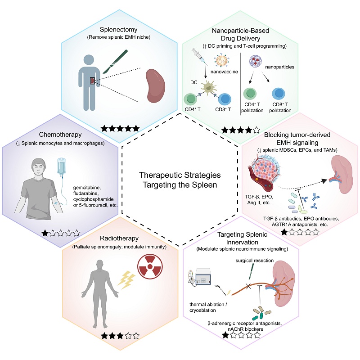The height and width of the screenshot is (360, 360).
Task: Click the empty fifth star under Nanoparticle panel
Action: point(256,130)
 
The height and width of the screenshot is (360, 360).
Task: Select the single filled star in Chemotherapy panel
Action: point(45,233)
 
